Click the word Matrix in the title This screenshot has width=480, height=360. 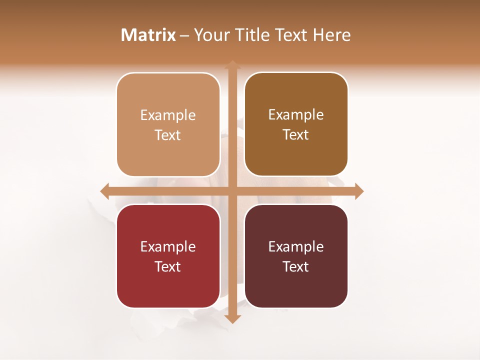pos(148,35)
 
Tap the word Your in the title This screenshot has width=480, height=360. pos(211,35)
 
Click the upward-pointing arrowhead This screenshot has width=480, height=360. pos(232,64)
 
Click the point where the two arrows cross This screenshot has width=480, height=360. pos(232,191)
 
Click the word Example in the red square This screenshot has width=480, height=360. pos(168,246)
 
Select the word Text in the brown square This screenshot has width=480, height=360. pos(296,135)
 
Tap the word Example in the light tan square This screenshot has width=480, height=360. pos(168,115)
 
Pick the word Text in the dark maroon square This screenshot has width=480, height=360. pos(296,266)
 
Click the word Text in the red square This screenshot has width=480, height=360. pos(168,266)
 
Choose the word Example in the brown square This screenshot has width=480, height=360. pos(296,114)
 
